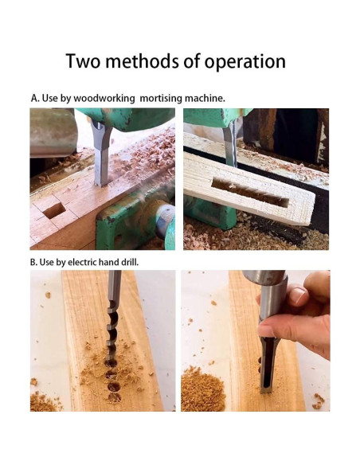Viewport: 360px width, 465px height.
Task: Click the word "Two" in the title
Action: [x=83, y=61]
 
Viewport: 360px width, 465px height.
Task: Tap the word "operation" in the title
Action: [x=245, y=61]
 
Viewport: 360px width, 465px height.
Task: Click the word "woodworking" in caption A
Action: [x=104, y=98]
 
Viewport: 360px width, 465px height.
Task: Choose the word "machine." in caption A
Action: [x=205, y=98]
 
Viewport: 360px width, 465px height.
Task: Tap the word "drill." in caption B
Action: [x=130, y=262]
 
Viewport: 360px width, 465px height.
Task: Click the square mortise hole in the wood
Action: [x=54, y=210]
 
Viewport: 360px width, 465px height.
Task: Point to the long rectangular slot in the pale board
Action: [x=250, y=193]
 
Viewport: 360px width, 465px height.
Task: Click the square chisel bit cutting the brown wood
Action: [x=101, y=155]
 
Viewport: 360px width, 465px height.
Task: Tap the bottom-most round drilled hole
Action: [x=114, y=397]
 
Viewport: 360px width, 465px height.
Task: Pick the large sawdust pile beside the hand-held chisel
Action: [x=202, y=389]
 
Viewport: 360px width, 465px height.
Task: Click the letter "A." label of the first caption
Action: [x=35, y=98]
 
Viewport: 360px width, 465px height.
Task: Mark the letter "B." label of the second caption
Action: [x=33, y=262]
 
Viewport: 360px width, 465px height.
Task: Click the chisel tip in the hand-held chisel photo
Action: [x=265, y=391]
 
